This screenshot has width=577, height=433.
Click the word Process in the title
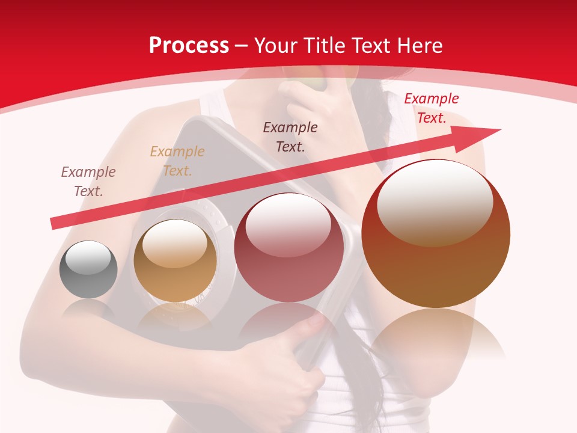pyautogui.click(x=189, y=46)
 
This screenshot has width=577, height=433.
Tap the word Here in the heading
pyautogui.click(x=420, y=46)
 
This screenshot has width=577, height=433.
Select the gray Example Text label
pyautogui.click(x=88, y=182)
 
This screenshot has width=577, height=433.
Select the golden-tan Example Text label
pyautogui.click(x=177, y=161)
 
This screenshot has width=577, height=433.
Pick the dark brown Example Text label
pyautogui.click(x=290, y=137)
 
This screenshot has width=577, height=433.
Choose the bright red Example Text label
pyautogui.click(x=431, y=108)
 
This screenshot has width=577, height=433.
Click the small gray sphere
pyautogui.click(x=88, y=269)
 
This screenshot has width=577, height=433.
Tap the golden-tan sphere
pyautogui.click(x=175, y=260)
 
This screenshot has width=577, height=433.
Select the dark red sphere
pyautogui.click(x=289, y=247)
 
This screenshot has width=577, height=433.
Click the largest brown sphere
pyautogui.click(x=436, y=233)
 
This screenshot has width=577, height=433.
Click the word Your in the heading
pyautogui.click(x=276, y=46)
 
